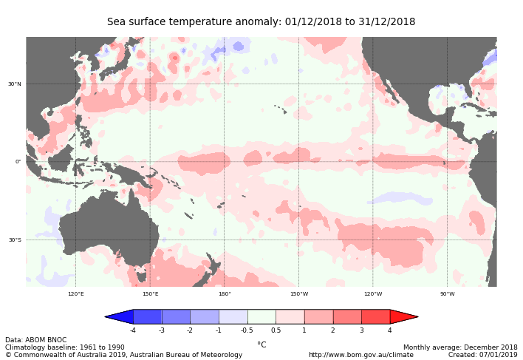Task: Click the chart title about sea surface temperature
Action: (x=261, y=21)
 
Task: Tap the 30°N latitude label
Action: (x=14, y=84)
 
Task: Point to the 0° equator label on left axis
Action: (x=18, y=162)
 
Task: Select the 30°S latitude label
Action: (x=14, y=240)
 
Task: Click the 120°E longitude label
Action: (x=75, y=294)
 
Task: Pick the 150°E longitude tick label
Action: (x=150, y=294)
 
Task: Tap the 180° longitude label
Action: (x=225, y=294)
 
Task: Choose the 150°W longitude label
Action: (x=298, y=294)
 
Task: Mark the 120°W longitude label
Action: (x=373, y=294)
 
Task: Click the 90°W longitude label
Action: (x=447, y=294)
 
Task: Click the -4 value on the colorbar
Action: (x=133, y=330)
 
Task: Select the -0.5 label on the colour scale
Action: (x=247, y=330)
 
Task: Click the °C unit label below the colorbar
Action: (x=261, y=344)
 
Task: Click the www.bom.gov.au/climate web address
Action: (x=360, y=355)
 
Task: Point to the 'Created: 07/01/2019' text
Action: (x=482, y=355)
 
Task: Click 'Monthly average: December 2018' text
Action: (x=460, y=347)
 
